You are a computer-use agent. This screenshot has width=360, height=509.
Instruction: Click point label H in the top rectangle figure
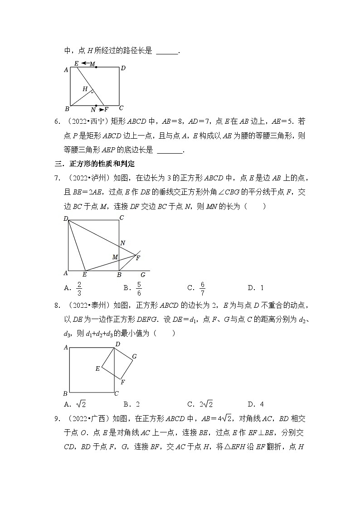[x=85, y=89]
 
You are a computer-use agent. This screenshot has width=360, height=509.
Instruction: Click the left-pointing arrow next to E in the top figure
[x=85, y=63]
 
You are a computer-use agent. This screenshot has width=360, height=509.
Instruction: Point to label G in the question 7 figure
[x=143, y=275]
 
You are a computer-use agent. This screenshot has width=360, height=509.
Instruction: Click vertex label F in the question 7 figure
[x=138, y=258]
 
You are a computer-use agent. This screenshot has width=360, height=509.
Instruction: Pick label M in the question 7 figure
[x=115, y=257]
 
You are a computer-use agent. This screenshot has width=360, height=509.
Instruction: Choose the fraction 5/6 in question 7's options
[x=138, y=287]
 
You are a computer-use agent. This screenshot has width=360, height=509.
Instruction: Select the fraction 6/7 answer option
[x=202, y=287]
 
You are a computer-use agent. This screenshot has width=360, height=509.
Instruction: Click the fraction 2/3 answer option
[x=79, y=287]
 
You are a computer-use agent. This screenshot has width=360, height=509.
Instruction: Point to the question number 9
[x=56, y=419]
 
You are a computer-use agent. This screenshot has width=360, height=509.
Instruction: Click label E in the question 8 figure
[x=97, y=368]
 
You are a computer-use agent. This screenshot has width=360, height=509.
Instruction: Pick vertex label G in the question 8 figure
[x=134, y=357]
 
